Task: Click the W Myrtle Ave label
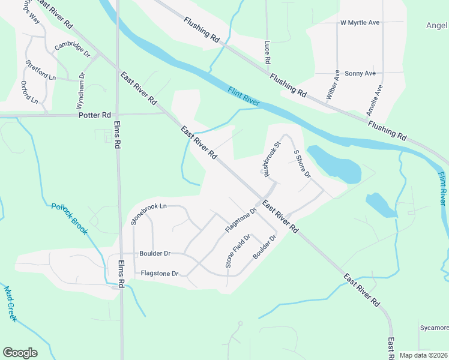[x=360, y=23]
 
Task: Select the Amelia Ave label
[x=375, y=100]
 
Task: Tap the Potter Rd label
[x=95, y=115]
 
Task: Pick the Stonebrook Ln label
[x=148, y=214]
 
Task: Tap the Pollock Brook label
[x=70, y=218]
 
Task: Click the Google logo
[x=20, y=353]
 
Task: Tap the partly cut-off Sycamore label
[x=434, y=328]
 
